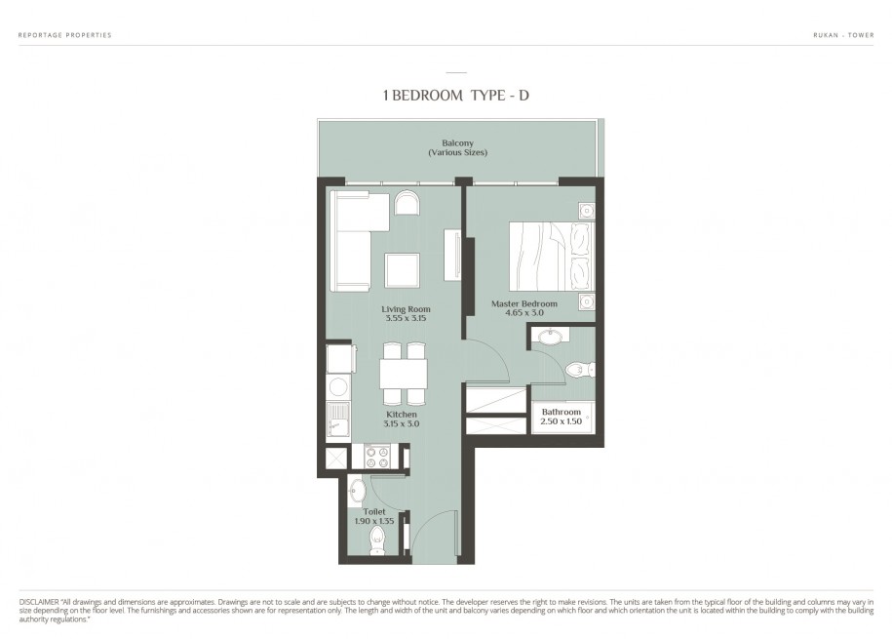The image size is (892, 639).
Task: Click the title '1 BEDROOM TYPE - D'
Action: tap(456, 95)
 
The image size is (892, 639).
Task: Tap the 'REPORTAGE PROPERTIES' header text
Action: tap(65, 35)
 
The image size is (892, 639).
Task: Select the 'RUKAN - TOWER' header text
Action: tap(843, 35)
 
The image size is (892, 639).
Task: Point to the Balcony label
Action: tap(457, 143)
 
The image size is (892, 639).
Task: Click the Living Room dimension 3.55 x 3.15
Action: tap(405, 318)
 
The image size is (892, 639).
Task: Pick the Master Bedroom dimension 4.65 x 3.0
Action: tap(524, 312)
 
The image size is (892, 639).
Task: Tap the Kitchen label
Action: tap(402, 415)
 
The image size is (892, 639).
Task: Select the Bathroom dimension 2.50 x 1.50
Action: tap(561, 421)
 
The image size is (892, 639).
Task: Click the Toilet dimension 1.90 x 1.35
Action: tap(374, 521)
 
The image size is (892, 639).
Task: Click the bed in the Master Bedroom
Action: tap(551, 257)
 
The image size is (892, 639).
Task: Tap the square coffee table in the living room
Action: tap(403, 270)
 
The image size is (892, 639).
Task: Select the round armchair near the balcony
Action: tap(407, 202)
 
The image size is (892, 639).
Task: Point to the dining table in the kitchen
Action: tap(404, 374)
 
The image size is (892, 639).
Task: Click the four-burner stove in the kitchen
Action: tap(377, 457)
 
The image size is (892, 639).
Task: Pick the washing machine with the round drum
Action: tap(339, 386)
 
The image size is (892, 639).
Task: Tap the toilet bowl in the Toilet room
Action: tap(377, 541)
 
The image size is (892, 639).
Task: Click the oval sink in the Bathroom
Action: tap(550, 336)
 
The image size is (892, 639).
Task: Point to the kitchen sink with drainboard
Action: tap(338, 419)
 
